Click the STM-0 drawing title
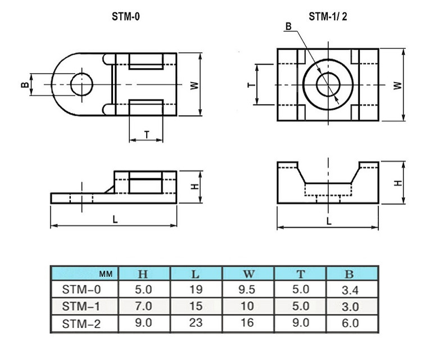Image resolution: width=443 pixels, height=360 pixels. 126,17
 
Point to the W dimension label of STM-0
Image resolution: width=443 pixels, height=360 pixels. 193,85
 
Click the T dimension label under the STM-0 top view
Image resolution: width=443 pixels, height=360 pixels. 147,134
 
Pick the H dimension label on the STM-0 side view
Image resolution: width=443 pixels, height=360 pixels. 193,186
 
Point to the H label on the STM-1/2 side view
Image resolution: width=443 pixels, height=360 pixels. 397,183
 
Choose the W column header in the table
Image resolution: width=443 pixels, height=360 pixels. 248,274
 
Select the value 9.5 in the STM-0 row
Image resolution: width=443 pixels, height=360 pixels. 248,290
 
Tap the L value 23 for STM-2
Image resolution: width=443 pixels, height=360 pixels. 195,323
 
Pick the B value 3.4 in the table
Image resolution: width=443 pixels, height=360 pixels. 350,290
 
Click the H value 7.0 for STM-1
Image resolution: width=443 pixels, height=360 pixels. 143,307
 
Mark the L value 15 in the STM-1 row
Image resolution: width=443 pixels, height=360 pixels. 195,307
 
